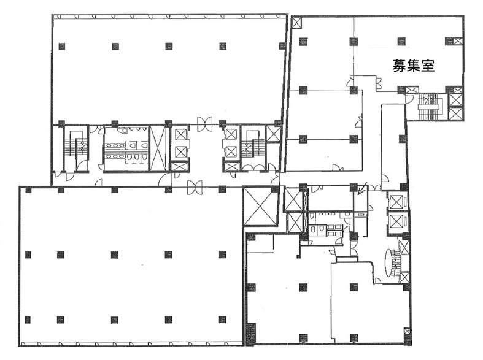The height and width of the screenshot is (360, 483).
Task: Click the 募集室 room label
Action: (413, 65)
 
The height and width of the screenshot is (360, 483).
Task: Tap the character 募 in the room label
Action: (399, 65)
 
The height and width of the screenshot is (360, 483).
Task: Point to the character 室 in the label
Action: (428, 65)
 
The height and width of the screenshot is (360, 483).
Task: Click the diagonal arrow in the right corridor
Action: (362, 189)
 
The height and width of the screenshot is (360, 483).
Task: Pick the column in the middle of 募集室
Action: (401, 41)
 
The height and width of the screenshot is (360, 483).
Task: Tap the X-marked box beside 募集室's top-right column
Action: (458, 41)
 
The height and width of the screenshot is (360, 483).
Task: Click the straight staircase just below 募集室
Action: (429, 107)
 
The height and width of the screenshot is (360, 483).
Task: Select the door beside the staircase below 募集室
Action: (410, 100)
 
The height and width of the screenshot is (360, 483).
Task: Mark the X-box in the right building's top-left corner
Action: (296, 22)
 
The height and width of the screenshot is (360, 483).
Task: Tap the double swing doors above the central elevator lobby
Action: (204, 124)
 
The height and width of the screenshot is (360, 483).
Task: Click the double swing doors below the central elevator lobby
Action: (195, 188)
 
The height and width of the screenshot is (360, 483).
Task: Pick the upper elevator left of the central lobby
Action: (180, 134)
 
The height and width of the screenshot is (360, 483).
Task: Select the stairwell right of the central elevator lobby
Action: (253, 148)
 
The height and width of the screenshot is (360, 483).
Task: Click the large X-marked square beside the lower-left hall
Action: (261, 206)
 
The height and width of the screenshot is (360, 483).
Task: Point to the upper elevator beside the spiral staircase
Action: (396, 201)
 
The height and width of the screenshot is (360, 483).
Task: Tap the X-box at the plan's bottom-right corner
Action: (407, 332)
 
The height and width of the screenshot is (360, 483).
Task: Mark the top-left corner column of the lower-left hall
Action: (28, 190)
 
